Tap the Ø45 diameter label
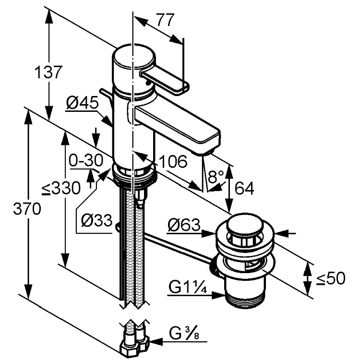[x=82, y=103]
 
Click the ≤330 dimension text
[x=60, y=189]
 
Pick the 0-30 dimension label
[x=85, y=160]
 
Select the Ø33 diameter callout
[x=96, y=221]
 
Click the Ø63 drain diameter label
[x=184, y=226]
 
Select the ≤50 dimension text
[x=331, y=278]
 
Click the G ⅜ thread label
[x=183, y=333]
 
